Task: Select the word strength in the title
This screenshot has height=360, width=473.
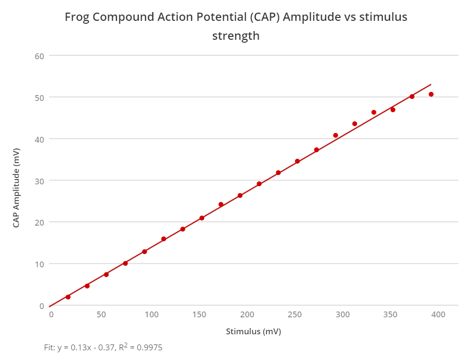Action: click(236, 36)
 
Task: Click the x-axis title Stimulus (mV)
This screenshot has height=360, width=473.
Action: click(253, 332)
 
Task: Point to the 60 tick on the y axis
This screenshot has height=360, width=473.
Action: click(39, 56)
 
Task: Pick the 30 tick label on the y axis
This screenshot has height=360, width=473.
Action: click(39, 180)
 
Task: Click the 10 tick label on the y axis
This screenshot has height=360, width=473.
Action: click(39, 264)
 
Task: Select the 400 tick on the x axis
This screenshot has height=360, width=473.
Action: click(438, 315)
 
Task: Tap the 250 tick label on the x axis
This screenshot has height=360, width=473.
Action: click(295, 315)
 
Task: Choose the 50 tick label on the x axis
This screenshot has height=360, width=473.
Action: click(101, 315)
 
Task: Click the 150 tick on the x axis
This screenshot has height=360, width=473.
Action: click(199, 315)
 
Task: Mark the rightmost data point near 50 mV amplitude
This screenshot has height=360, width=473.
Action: click(431, 94)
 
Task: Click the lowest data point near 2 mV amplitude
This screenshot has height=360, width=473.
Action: click(68, 297)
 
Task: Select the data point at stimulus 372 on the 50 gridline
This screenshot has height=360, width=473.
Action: click(412, 97)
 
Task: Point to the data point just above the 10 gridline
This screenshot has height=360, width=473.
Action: click(125, 263)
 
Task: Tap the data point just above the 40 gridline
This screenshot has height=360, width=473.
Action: click(335, 135)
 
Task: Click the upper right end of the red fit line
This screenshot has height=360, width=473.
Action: click(431, 84)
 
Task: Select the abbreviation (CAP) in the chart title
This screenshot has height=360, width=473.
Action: click(266, 17)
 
